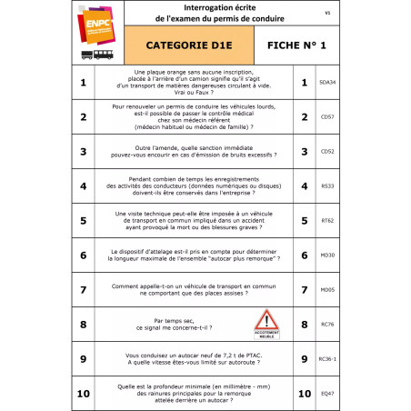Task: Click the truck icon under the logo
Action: pos(86,55)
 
